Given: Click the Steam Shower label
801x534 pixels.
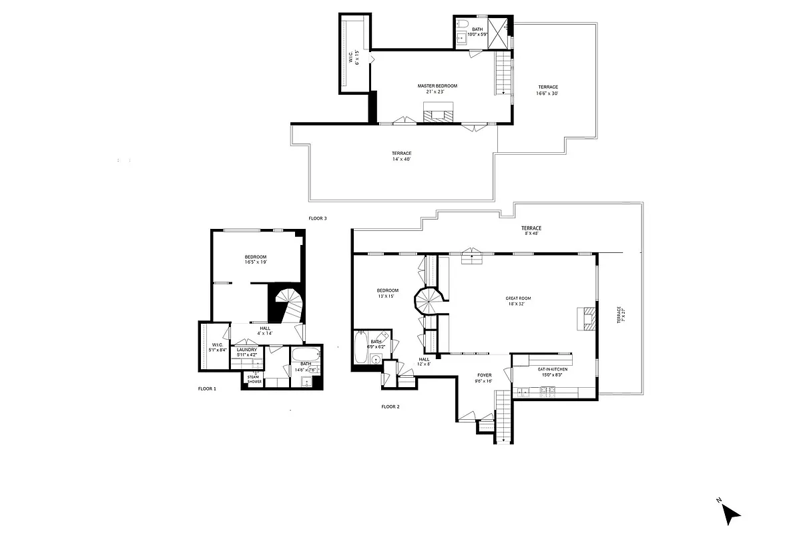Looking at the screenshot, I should coord(254,379).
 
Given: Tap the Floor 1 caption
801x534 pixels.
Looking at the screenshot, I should coord(207,388).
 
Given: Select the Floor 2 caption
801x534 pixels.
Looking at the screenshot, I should coord(390,407).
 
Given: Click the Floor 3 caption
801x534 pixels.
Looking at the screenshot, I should coord(317,218).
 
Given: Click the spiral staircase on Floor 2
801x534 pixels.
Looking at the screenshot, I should coord(429,301).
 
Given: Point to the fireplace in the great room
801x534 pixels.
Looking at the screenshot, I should coord(585,318).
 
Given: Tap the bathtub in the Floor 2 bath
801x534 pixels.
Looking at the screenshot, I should coord(360,347).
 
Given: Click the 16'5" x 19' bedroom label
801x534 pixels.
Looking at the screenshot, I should coord(255,260).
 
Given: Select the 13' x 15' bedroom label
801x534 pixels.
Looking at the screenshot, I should coord(387,293).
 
